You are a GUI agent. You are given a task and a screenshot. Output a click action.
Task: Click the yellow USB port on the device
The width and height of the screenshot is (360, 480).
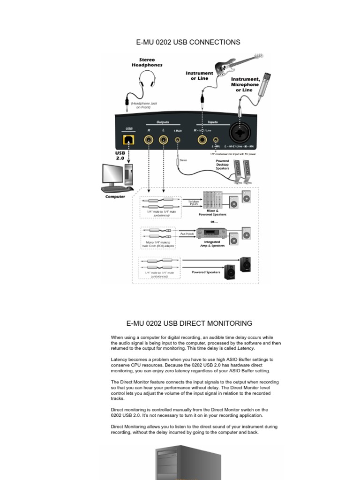point(128,139)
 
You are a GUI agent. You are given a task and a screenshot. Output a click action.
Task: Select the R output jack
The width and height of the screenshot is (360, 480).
point(149,139)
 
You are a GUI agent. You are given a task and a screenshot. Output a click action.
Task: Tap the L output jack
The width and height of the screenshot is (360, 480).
point(164,139)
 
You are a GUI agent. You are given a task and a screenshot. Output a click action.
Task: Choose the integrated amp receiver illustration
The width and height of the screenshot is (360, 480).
point(211,232)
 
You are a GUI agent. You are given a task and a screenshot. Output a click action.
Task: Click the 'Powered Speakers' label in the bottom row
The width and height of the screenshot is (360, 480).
point(206,272)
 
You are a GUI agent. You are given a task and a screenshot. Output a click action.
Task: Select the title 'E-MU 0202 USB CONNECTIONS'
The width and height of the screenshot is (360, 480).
point(188,42)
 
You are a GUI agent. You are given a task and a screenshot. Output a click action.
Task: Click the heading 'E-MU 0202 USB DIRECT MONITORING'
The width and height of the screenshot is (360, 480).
point(189,323)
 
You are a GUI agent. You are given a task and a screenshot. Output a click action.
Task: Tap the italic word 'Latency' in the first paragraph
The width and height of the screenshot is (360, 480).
point(246,348)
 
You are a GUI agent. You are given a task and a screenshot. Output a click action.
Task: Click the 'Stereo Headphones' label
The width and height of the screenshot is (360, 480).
point(147,63)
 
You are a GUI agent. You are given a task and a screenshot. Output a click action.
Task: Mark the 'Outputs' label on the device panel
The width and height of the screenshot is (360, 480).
point(163,122)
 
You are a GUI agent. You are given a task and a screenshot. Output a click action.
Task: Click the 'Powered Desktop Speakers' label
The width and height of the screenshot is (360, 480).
point(222,165)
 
